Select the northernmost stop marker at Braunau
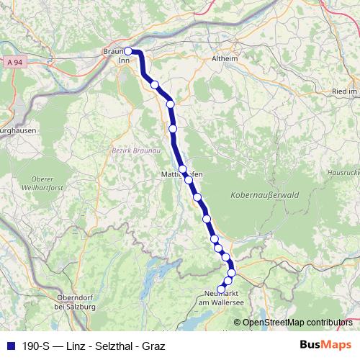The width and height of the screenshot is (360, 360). click(128, 51)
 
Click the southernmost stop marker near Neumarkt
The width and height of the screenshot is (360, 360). click(222, 289)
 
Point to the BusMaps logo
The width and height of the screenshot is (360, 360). click(325, 345)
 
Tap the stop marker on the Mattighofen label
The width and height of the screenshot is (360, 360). click(183, 170)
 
